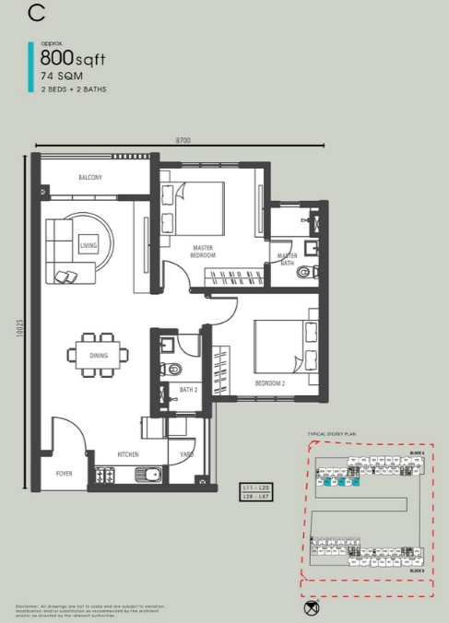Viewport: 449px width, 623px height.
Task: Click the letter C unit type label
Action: coord(37,13)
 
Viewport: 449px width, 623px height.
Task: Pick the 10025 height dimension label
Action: coord(19,333)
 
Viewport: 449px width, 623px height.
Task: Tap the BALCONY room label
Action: coord(90,177)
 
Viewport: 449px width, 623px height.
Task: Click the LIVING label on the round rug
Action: coord(88,245)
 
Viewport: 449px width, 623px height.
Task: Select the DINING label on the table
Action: coord(99,355)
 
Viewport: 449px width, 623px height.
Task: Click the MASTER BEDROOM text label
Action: coord(204,251)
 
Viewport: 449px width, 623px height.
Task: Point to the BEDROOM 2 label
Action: coord(271,382)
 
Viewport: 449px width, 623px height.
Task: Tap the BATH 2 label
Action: coord(188,391)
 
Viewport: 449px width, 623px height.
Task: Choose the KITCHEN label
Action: coord(127,455)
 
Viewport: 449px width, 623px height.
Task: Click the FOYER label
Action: coord(63,474)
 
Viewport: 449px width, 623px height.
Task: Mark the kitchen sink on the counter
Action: coord(147,475)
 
